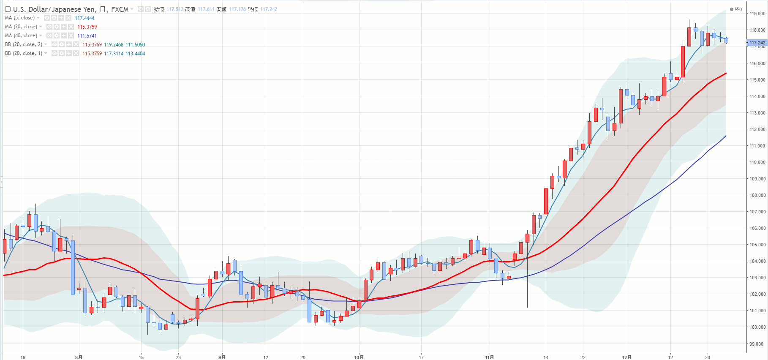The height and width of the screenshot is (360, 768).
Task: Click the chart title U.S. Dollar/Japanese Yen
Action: [x=54, y=9]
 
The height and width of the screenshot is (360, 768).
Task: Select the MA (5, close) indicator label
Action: [x=19, y=18]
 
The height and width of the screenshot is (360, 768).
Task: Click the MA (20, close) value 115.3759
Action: [x=87, y=27]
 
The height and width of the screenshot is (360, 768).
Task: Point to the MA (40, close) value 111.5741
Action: [x=87, y=36]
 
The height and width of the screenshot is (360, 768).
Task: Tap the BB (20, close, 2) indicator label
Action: [x=24, y=44]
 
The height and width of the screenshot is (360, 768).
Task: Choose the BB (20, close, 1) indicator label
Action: [x=24, y=53]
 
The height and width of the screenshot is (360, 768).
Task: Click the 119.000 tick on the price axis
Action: [x=757, y=14]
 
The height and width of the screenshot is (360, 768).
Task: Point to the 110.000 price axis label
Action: [x=757, y=162]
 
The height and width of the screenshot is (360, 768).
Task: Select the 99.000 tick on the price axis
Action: [x=757, y=344]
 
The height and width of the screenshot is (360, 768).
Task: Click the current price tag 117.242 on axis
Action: [x=757, y=43]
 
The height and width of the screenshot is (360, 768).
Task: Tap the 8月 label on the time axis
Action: [x=79, y=357]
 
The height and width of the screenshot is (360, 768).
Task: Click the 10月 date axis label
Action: [x=359, y=357]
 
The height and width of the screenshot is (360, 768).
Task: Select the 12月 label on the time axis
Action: [x=626, y=357]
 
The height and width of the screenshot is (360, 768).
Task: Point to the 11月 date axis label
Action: [x=489, y=357]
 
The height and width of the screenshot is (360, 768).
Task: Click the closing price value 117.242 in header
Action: [x=269, y=9]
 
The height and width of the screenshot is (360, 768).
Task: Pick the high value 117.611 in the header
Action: [x=206, y=9]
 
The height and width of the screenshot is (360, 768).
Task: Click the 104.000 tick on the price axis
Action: [x=757, y=261]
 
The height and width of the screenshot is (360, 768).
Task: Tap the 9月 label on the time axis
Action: [x=222, y=357]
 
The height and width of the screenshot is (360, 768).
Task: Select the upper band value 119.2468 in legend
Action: [x=114, y=45]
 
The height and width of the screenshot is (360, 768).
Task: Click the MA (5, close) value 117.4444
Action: [x=84, y=18]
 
